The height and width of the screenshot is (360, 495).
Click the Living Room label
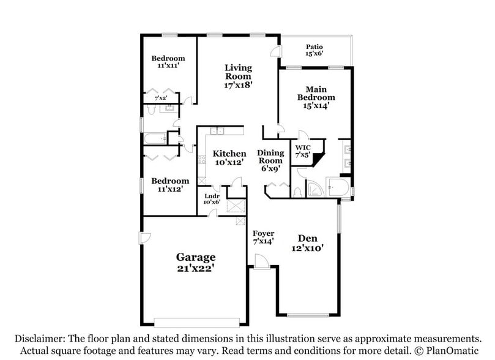238,76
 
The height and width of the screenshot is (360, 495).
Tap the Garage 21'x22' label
196,262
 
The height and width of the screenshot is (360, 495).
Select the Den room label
308,243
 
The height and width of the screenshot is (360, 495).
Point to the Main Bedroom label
316,97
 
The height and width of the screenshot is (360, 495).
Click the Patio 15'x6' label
314,50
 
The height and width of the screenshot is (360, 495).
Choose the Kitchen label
229,157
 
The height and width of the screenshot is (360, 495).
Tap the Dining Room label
270,160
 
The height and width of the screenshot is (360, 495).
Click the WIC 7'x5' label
303,151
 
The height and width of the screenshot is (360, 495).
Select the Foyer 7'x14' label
263,237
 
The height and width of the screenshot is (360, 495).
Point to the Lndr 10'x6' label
212,199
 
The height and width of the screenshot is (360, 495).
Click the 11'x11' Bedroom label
168,62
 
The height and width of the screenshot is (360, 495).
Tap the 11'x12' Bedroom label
170,185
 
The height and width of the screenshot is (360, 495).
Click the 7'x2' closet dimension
161,98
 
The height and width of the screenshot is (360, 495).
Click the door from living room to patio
275,51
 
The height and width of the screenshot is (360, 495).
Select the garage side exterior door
145,238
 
